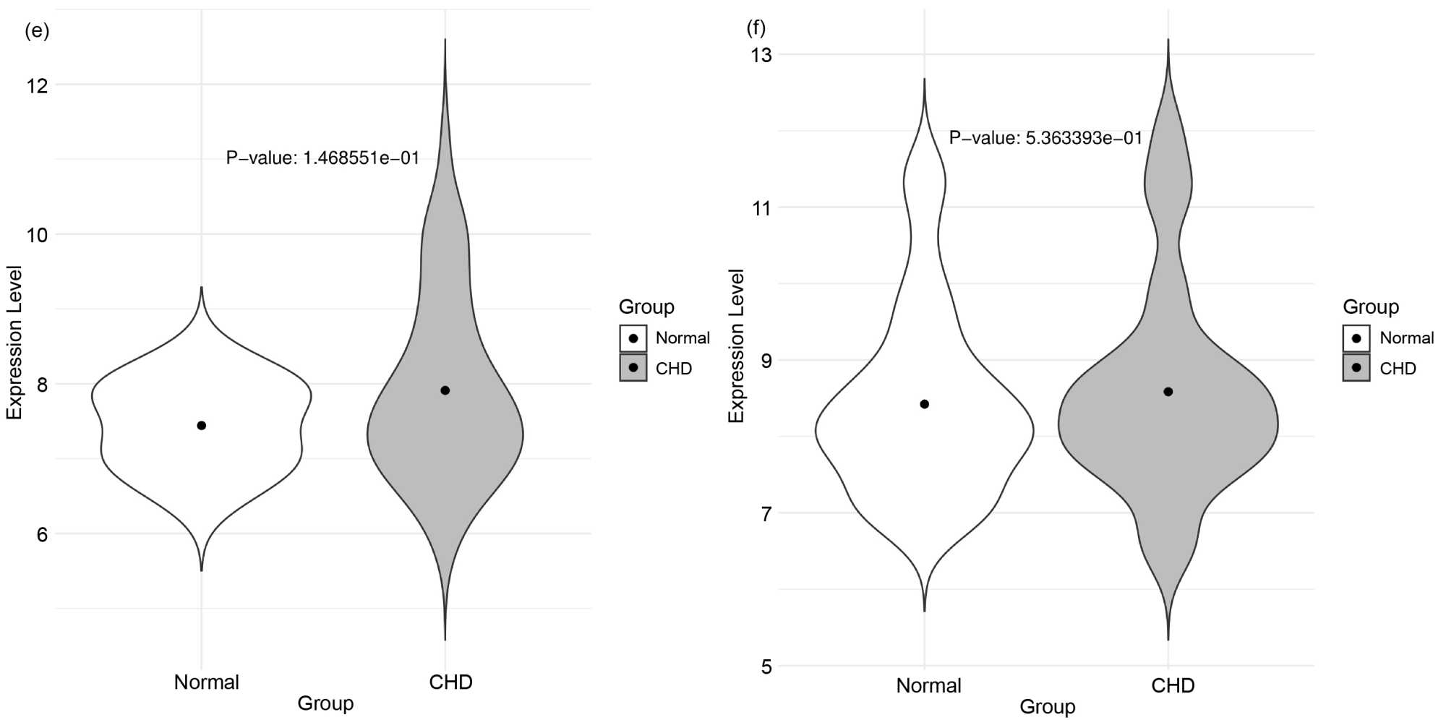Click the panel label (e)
(37, 31)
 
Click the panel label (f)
(756, 27)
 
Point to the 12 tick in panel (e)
(37, 85)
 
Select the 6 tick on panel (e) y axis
(42, 534)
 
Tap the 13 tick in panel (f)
(761, 55)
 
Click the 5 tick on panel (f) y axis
(766, 667)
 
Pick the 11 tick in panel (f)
(761, 208)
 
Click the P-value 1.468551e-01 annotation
(322, 158)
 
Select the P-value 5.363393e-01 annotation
(1045, 137)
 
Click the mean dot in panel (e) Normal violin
(202, 426)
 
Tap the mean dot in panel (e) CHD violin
(445, 390)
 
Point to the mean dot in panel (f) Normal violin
(925, 404)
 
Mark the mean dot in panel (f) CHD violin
(1168, 392)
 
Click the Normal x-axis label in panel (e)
(206, 682)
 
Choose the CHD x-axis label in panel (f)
(1173, 685)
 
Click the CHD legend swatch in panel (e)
(633, 368)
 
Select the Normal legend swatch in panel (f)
(1356, 338)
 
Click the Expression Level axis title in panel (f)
(736, 346)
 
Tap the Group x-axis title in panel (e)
(325, 703)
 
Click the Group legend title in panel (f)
(1370, 307)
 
